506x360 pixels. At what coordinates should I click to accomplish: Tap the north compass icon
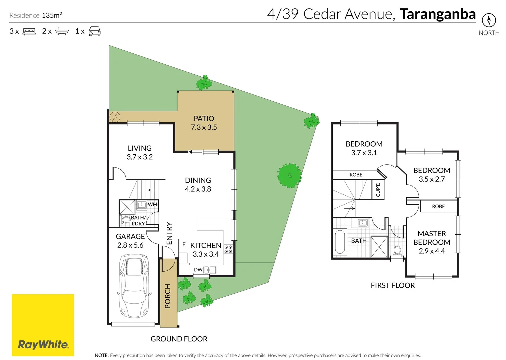pos(489,20)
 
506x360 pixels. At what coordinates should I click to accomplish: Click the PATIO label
pos(204,118)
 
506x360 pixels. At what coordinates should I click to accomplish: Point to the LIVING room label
pos(140,148)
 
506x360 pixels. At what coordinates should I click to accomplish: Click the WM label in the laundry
pos(152,204)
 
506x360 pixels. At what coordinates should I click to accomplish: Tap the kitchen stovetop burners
pos(228,249)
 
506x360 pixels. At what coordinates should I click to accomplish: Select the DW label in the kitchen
pos(198,269)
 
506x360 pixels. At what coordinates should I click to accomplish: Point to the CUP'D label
pos(378,189)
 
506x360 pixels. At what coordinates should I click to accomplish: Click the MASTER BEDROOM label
pos(432,238)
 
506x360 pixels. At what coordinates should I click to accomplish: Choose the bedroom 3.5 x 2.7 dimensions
pos(432,179)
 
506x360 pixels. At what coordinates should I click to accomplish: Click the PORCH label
pos(167,296)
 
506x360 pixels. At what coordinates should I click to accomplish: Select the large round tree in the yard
pos(289,175)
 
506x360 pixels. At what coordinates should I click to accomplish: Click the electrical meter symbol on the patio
pos(115,117)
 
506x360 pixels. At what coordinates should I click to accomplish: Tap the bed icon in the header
pos(29,31)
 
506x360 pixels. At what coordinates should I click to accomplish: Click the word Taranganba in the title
pos(438,14)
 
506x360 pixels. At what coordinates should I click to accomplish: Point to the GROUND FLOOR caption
pos(179,339)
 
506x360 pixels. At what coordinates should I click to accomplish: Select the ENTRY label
pos(169,233)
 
